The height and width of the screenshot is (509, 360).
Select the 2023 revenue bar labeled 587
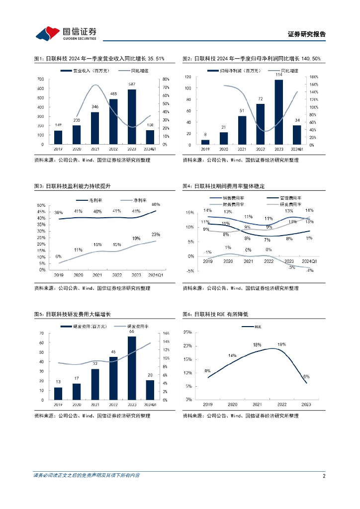point(131,117)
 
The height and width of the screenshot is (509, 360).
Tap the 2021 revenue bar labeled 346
point(94,128)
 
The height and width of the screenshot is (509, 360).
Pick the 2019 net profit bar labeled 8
point(205,142)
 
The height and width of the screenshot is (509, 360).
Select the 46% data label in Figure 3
point(156,204)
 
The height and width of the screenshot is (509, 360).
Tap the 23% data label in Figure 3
point(156,234)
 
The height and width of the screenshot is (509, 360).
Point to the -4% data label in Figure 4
point(309,270)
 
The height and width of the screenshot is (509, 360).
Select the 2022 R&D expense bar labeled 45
point(113,378)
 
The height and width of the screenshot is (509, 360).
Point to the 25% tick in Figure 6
point(188,332)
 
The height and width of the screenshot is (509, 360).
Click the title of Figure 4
point(224,186)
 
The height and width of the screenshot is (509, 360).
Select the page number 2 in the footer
point(324,476)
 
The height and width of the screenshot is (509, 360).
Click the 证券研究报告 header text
point(307,34)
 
